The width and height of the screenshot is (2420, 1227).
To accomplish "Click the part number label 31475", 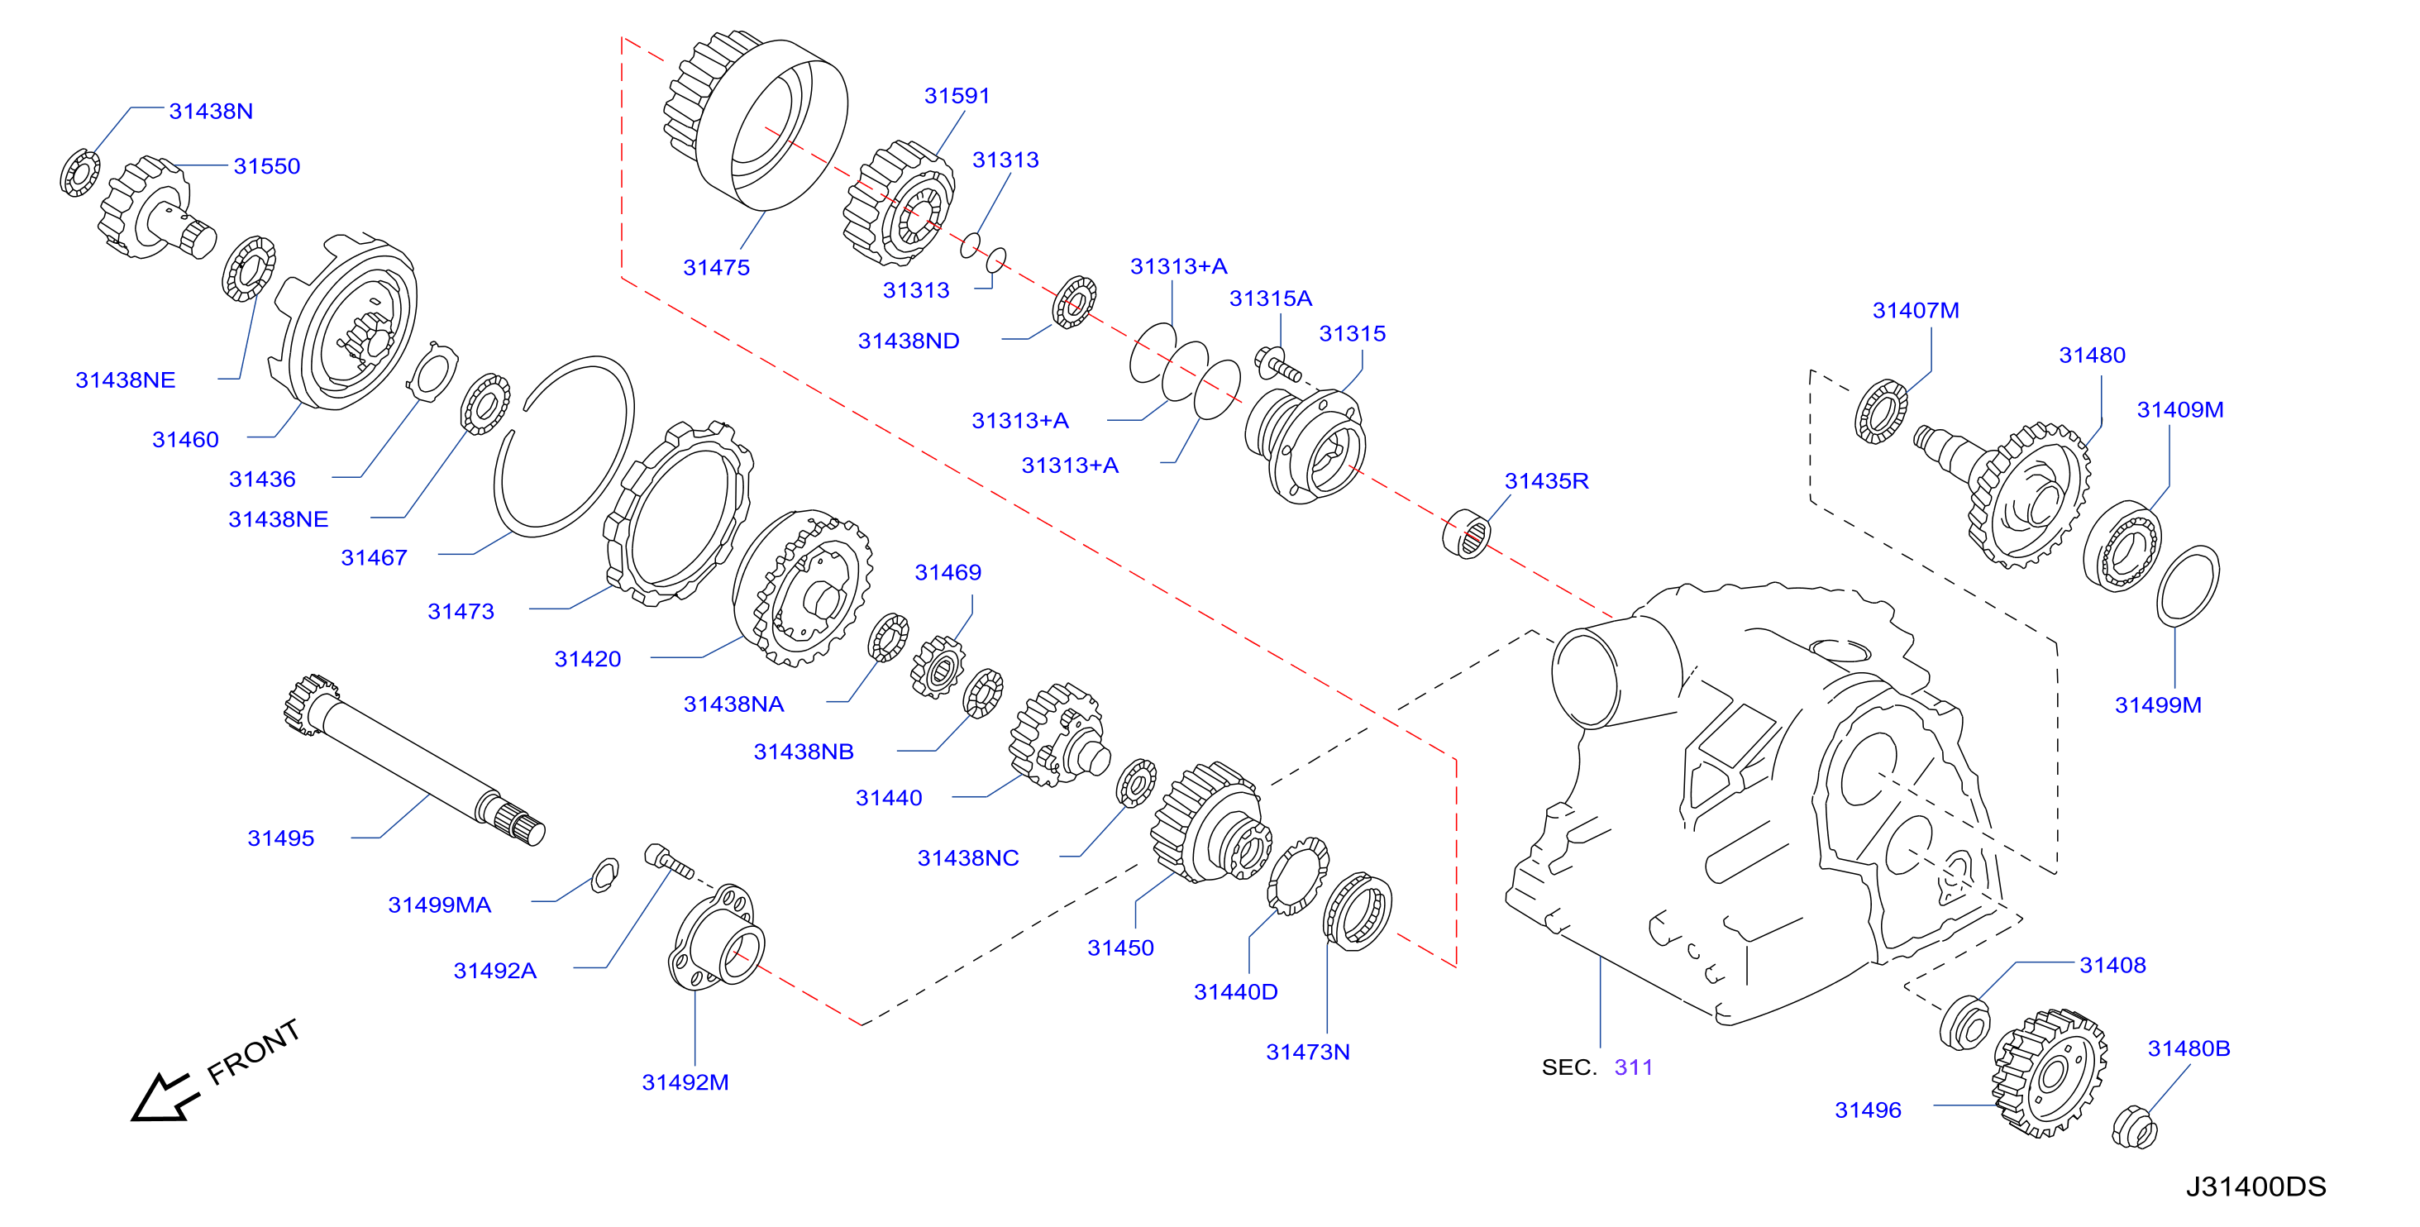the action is point(716,268).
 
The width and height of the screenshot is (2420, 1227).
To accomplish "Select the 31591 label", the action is point(957,96).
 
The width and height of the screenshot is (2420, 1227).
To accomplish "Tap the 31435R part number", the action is point(1546,481).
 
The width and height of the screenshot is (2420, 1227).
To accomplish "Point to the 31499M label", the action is point(2158,704).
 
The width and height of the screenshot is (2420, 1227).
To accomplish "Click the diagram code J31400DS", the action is point(2255,1186).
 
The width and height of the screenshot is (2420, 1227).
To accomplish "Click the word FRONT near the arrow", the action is point(253,1052).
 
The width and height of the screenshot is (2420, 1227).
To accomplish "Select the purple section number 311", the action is point(1633,1067).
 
